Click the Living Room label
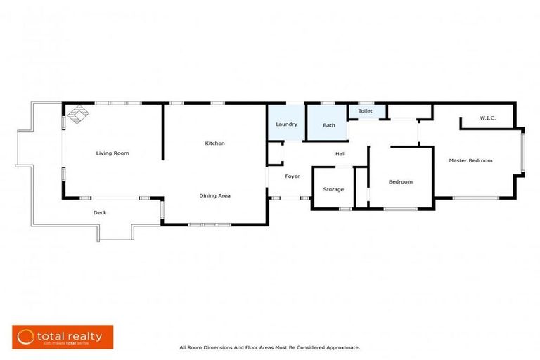pos(112,153)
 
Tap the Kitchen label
pos(214,143)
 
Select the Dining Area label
pos(214,195)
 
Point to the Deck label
pos(100,212)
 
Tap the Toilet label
pos(366,111)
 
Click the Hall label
pos(340,153)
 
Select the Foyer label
pos(292,176)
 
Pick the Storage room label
pos(333,189)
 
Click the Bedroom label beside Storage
pos(400,182)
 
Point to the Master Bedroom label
pos(470,160)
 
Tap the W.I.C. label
pos(487,117)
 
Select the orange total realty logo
pos(62,337)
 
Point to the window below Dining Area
pos(204,224)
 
